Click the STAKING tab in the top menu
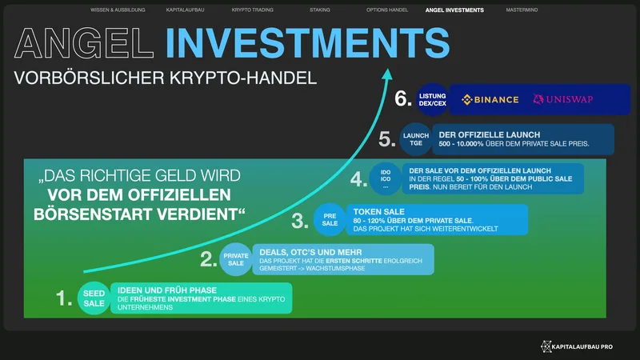pos(319,10)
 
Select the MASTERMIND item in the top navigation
pos(522,10)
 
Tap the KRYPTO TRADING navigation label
pos(252,10)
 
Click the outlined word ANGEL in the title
pos(84,43)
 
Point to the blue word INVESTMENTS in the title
pos(308,43)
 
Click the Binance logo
pos(490,99)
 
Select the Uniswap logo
pos(563,99)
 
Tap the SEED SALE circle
pos(94,298)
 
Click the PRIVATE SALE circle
pos(236,259)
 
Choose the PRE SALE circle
pos(330,219)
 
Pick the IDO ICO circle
pos(386,178)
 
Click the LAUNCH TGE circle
pos(416,139)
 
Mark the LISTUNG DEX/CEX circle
pos(433,99)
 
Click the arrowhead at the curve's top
pos(387,74)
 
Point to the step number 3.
pos(300,222)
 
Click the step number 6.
pos(403,98)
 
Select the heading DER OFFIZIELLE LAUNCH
pos(490,134)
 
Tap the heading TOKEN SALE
pos(378,212)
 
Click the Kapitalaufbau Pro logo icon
pos(546,346)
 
